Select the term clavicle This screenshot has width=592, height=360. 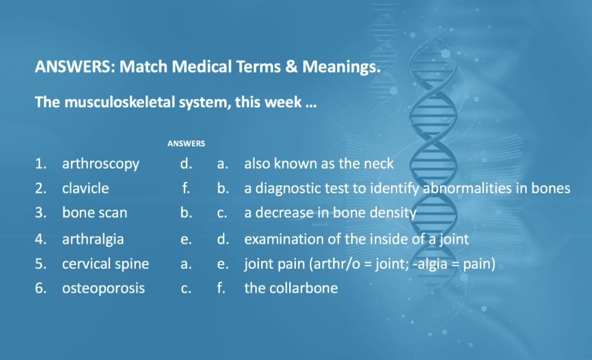tap(85, 188)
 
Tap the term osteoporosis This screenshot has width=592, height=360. tap(103, 289)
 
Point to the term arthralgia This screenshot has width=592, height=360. tap(93, 239)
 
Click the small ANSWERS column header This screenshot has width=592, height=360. tap(186, 144)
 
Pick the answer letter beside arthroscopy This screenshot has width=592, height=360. tap(186, 163)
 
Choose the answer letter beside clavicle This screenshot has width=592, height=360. tap(186, 188)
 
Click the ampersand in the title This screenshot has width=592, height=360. tap(291, 67)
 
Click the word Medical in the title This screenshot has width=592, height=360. tap(202, 67)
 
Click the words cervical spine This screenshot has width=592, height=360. tap(105, 264)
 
